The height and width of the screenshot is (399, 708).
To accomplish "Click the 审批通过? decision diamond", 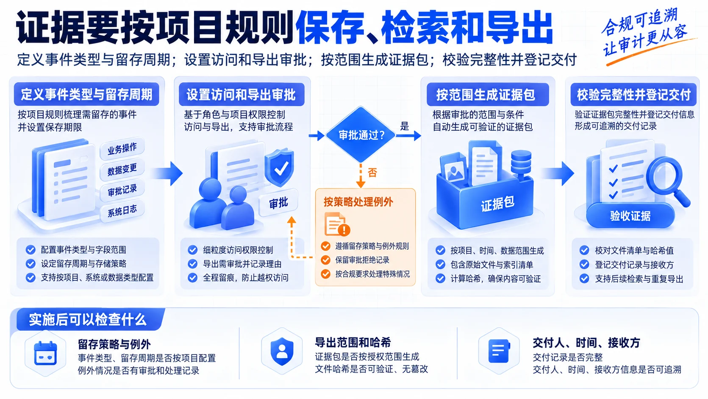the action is click(360, 135).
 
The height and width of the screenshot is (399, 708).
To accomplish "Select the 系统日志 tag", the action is click(122, 210).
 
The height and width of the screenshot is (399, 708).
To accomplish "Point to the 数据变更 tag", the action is click(122, 169).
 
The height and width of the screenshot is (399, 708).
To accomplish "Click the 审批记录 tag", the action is click(122, 190).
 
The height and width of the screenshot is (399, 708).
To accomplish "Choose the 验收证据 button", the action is click(630, 216).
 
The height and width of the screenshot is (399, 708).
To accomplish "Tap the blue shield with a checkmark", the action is click(280, 168).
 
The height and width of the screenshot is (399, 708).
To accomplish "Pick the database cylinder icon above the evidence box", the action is click(521, 162).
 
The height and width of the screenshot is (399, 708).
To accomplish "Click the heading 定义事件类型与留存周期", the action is click(86, 94).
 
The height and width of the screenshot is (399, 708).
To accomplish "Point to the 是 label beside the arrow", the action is click(405, 126).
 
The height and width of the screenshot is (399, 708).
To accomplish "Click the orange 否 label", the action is click(373, 173).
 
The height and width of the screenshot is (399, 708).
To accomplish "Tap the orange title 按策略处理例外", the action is click(358, 202).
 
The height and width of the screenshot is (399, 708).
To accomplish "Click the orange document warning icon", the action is click(337, 224).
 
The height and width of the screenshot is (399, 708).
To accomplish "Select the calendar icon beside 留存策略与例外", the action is click(45, 353).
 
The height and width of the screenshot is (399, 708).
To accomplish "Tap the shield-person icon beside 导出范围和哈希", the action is click(282, 351).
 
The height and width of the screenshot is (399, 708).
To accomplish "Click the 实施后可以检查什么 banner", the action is click(88, 320).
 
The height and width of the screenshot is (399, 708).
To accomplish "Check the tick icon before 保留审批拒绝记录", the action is click(325, 260).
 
